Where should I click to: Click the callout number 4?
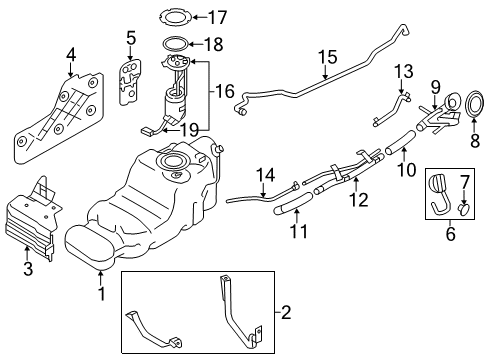point(70,53)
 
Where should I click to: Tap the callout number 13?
point(402,71)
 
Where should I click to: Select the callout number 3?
point(26,267)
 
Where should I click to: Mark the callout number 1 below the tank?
point(101,295)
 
